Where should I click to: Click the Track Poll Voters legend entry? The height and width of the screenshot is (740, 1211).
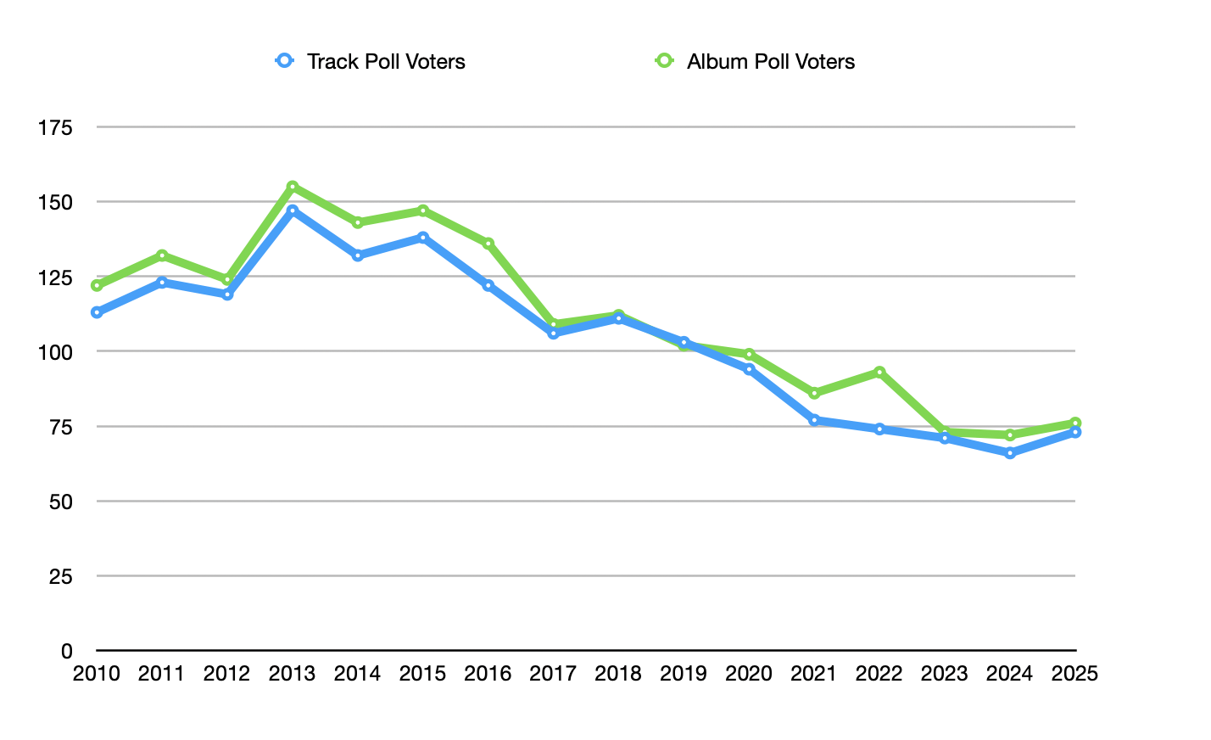pos(371,61)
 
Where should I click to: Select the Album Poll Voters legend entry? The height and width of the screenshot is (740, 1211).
pos(755,61)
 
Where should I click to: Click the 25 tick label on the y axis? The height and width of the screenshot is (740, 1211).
pos(61,576)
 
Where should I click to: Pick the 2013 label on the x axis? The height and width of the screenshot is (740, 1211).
pos(292,674)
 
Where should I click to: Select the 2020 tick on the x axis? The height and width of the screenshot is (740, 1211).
pos(749,674)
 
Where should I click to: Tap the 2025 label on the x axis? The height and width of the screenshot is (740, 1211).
pos(1074,674)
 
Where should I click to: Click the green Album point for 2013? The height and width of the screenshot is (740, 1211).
pos(293,186)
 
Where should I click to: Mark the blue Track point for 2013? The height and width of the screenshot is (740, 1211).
pos(293,210)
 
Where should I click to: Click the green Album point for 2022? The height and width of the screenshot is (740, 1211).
pos(879,372)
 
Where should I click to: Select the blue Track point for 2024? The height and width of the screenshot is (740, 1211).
pos(1010,453)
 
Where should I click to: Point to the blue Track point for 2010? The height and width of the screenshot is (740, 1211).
pos(97,312)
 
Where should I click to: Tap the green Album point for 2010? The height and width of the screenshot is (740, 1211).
pos(97,285)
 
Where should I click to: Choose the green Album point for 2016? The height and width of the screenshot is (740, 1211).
pos(488,244)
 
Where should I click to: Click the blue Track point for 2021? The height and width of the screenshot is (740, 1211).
pos(814,420)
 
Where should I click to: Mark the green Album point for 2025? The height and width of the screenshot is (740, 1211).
pos(1075,423)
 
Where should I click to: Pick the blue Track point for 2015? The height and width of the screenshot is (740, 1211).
pos(423,238)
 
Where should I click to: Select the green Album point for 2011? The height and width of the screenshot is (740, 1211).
pos(162,255)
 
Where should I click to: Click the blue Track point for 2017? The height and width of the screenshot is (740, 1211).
pos(554,334)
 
